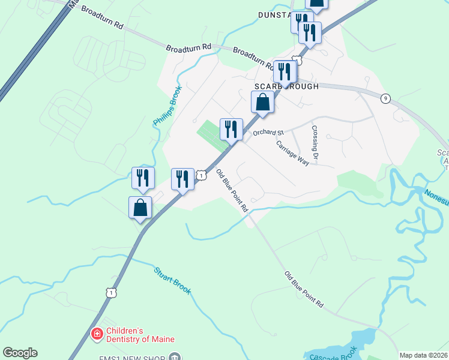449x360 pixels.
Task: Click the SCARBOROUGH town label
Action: coord(286,86)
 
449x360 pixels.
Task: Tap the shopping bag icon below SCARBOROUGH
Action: coord(263,102)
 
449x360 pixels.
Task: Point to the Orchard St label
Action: coord(268,132)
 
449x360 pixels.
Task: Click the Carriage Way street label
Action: coord(292,153)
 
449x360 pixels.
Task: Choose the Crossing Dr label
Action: coord(314,142)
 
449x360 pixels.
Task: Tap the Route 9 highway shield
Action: coord(385,98)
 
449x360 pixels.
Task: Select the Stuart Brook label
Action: coord(173,280)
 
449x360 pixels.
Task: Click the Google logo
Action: coord(20,353)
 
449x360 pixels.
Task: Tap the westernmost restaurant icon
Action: coord(143,178)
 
